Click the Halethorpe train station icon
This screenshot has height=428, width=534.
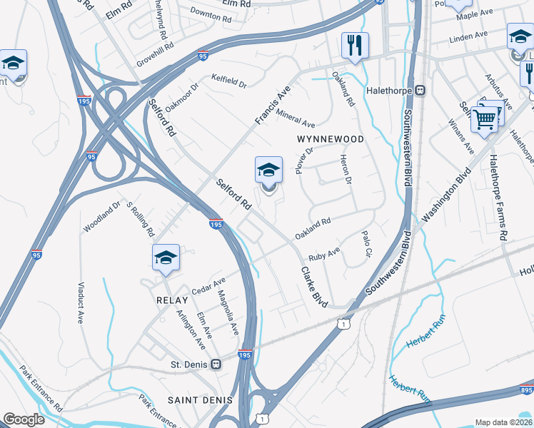point(420,91)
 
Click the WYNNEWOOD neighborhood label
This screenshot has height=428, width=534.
point(330,139)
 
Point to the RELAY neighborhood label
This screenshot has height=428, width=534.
point(171,301)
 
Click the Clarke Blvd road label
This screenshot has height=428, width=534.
point(314,287)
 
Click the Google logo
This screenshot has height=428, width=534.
point(24,419)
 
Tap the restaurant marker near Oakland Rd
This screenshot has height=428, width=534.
point(355,46)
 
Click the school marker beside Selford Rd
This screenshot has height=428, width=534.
point(268,171)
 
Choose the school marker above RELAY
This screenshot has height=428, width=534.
point(166,258)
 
